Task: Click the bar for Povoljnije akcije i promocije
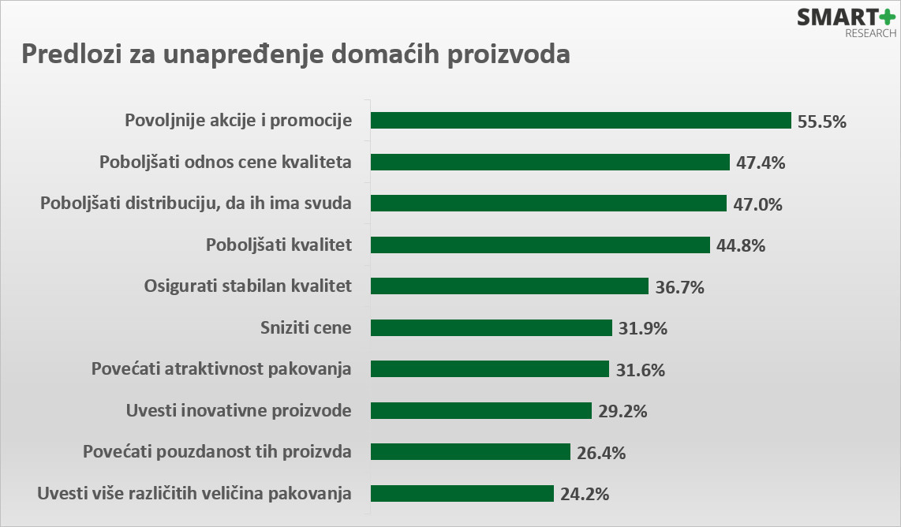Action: (x=581, y=120)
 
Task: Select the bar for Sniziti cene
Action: (x=492, y=327)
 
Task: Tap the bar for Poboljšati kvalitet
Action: (x=540, y=245)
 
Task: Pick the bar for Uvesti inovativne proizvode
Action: (x=481, y=410)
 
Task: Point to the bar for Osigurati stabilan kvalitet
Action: (x=510, y=286)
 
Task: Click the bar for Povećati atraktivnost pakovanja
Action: (x=490, y=369)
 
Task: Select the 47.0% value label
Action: (x=757, y=204)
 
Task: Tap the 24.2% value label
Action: (x=585, y=495)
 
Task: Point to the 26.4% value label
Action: (x=601, y=453)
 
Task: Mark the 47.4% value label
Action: (x=761, y=163)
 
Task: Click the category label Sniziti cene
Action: (x=305, y=327)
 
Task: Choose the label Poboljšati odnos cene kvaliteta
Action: (x=225, y=163)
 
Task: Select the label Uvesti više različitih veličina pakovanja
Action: (x=194, y=494)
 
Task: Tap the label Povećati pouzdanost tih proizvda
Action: (x=217, y=452)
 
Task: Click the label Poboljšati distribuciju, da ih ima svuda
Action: (x=196, y=204)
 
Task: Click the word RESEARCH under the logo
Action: (x=871, y=34)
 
